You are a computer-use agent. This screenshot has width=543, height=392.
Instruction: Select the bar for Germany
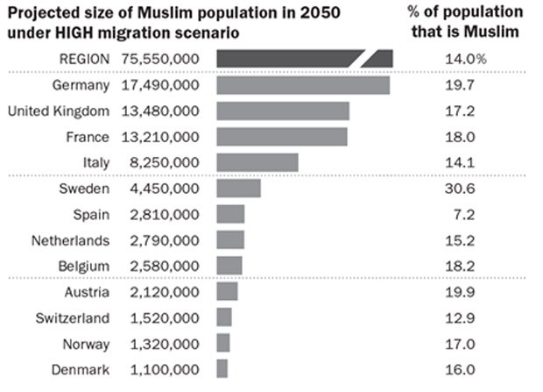tap(302, 85)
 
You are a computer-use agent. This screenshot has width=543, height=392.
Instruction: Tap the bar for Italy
tap(257, 162)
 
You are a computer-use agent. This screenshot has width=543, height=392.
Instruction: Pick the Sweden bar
tap(238, 189)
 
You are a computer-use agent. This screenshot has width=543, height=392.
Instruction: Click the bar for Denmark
tap(222, 368)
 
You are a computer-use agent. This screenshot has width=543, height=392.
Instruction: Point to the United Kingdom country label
tap(58, 111)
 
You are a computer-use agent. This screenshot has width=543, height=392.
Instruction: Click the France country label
tap(88, 137)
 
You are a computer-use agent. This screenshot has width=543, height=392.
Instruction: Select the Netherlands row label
tap(70, 240)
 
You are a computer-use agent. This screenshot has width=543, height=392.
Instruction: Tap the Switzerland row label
tap(73, 317)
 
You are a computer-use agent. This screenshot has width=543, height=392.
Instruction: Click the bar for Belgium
tap(229, 266)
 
